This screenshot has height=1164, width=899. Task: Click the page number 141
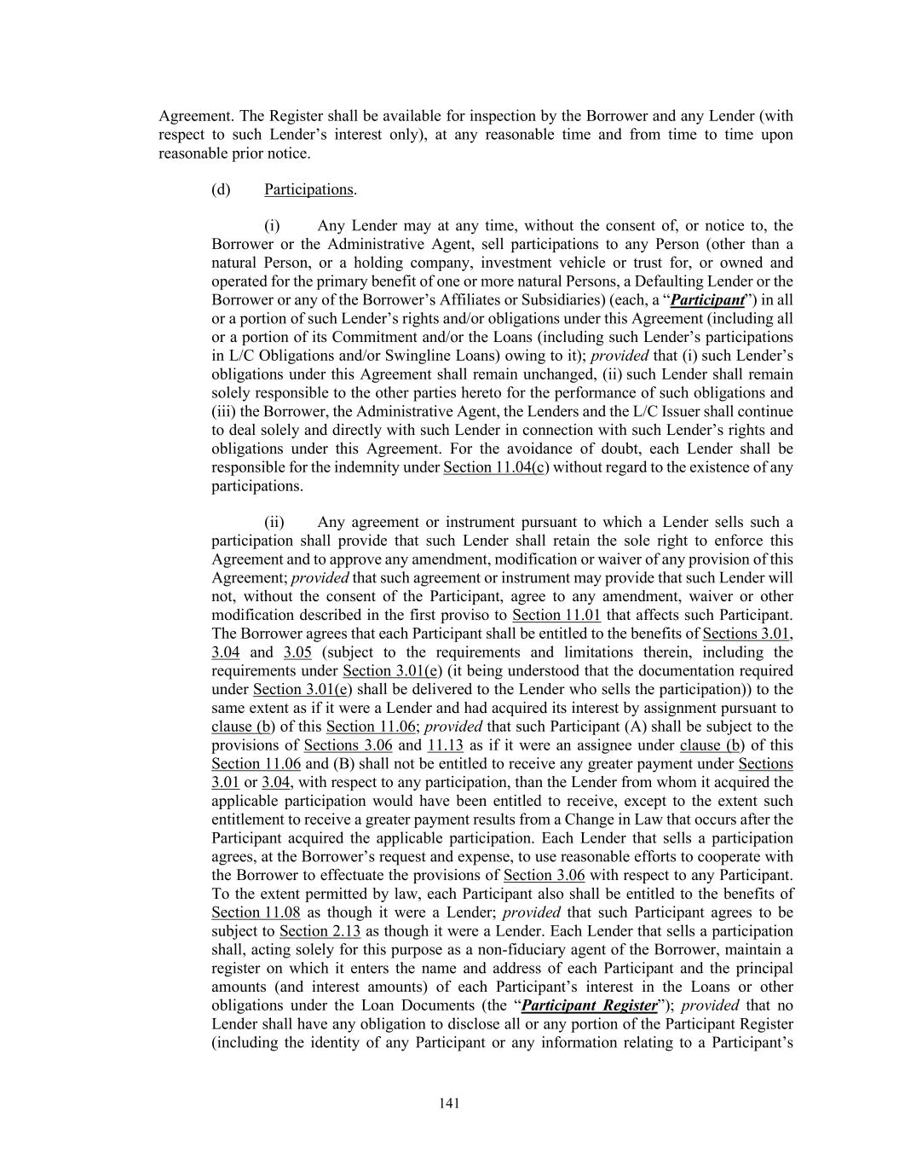(x=449, y=1103)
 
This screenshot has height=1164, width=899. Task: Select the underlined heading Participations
(x=308, y=189)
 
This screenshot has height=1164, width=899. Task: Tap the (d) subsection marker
(x=221, y=189)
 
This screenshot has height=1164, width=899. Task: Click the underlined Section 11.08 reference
(x=256, y=912)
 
